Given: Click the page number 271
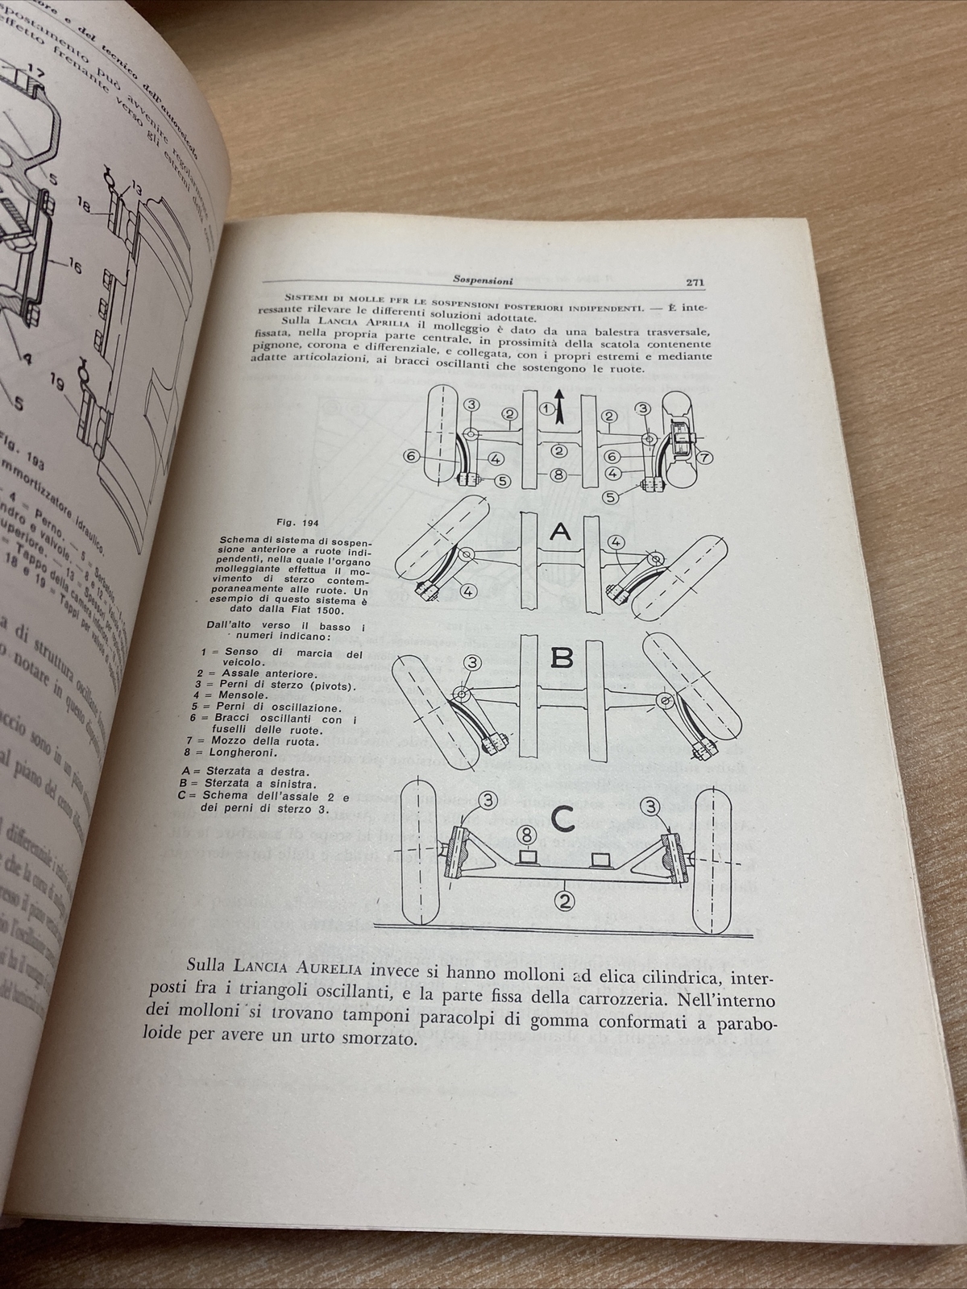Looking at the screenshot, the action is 694,282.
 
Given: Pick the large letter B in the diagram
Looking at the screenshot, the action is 562,658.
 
